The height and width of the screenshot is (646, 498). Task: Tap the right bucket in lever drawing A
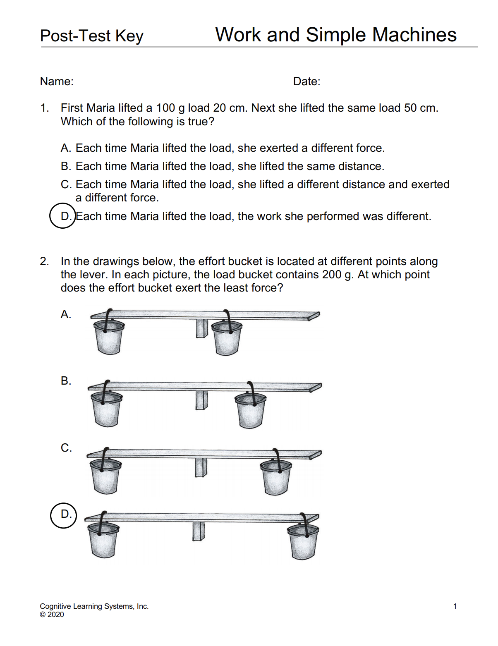[226, 337]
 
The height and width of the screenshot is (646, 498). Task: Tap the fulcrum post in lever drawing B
[201, 400]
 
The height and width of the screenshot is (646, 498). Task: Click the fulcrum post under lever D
[199, 531]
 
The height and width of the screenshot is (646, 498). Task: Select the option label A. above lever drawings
[66, 314]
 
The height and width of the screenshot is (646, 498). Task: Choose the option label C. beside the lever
[66, 448]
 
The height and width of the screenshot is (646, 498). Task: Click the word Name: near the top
[57, 81]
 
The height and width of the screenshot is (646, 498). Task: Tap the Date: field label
[306, 81]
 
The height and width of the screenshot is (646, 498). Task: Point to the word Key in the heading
[129, 36]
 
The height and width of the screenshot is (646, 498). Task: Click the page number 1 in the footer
[455, 606]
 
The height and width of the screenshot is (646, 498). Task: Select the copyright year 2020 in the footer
[56, 615]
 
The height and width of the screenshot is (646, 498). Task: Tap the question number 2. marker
[44, 261]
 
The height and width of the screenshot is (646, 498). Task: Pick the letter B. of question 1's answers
[66, 166]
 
